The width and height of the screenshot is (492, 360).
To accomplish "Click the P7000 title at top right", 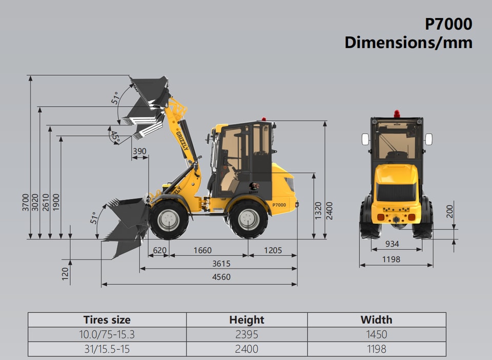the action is pyautogui.click(x=448, y=24).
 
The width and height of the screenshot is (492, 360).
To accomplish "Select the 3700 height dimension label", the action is pyautogui.click(x=26, y=202).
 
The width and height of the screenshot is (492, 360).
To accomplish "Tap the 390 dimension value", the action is pyautogui.click(x=139, y=151).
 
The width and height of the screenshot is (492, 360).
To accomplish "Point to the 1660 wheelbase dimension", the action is pyautogui.click(x=202, y=250).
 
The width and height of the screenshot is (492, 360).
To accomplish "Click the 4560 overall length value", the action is pyautogui.click(x=221, y=277).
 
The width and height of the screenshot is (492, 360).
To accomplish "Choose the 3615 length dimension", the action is pyautogui.click(x=221, y=263).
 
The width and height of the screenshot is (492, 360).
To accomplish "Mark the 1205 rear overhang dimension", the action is pyautogui.click(x=273, y=250).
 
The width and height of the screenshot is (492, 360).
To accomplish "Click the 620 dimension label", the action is pyautogui.click(x=160, y=250).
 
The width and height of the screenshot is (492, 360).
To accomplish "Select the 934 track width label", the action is pyautogui.click(x=392, y=244).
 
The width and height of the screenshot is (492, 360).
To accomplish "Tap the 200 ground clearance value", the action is pyautogui.click(x=450, y=211).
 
